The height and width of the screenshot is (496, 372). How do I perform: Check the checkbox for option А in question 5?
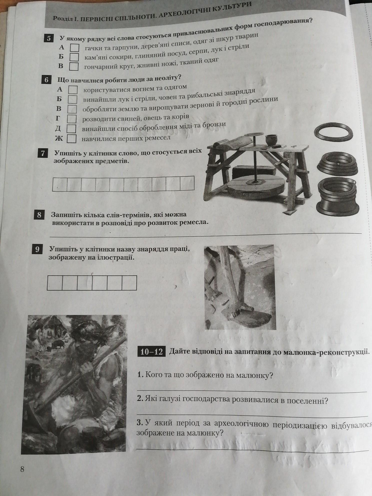pos(75,48)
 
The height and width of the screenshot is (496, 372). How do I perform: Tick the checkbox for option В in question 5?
pos(74,66)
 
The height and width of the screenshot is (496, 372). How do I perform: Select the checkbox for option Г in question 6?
pos(72,118)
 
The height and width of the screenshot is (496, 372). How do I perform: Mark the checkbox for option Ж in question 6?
pos(71,138)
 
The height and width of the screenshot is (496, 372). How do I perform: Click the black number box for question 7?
pos(43,153)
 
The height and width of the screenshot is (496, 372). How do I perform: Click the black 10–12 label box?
pos(151,352)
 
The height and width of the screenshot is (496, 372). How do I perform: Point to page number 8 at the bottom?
pos(22,469)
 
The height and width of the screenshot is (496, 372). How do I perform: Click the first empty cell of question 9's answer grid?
pos(55,283)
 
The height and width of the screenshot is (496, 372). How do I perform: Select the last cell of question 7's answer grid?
pos(187,183)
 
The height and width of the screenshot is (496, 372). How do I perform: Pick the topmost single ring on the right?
pos(334,132)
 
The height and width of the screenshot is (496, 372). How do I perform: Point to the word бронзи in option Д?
pos(214,125)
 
